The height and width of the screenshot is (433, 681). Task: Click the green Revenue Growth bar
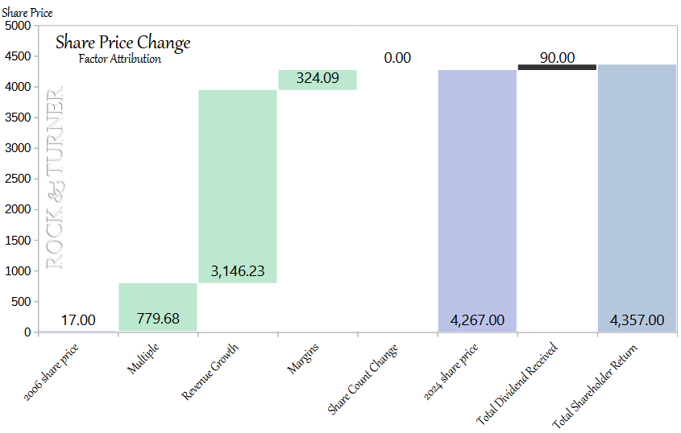pyautogui.click(x=238, y=186)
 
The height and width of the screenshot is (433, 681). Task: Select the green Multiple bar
pyautogui.click(x=158, y=307)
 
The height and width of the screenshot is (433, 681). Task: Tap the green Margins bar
pyautogui.click(x=318, y=80)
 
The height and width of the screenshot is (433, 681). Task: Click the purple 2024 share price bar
pyautogui.click(x=477, y=200)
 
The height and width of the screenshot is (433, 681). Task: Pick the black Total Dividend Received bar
pyautogui.click(x=557, y=67)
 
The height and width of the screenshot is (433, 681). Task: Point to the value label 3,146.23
pyautogui.click(x=238, y=271)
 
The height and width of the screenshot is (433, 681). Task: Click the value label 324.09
pyautogui.click(x=318, y=79)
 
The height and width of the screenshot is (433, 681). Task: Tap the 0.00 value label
pyautogui.click(x=397, y=58)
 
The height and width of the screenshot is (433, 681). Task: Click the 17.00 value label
pyautogui.click(x=78, y=320)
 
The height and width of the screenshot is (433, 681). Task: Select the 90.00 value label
pyautogui.click(x=557, y=57)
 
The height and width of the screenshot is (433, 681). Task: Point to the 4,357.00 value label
pyautogui.click(x=637, y=320)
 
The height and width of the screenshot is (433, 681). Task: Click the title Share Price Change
pyautogui.click(x=122, y=43)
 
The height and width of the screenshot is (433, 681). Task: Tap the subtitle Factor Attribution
pyautogui.click(x=119, y=59)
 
